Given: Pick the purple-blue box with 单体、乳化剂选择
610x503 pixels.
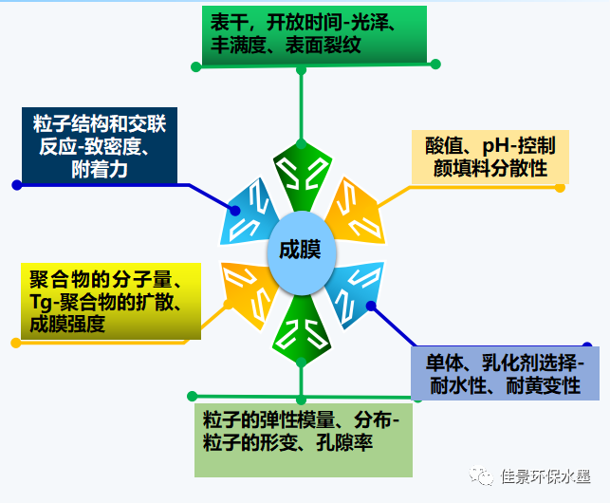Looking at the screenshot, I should [x=505, y=372].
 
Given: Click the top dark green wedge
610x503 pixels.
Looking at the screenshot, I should [x=301, y=175].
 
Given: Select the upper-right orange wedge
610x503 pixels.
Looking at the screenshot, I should [x=355, y=211].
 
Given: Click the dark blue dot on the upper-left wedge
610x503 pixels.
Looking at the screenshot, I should [x=234, y=209].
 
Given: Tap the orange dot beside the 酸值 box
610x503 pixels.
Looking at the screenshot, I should [x=560, y=188].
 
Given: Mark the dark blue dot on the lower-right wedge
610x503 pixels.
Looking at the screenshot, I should [x=371, y=307].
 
